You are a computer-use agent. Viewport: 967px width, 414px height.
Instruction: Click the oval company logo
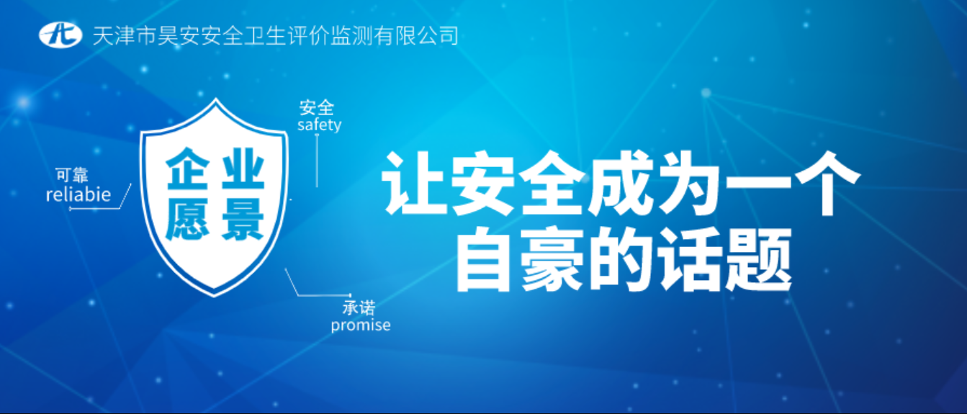[x=60, y=35]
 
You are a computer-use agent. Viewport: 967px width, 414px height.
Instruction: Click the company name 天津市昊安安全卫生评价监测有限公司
[x=276, y=35]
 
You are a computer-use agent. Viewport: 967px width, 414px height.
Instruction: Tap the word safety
[x=319, y=125]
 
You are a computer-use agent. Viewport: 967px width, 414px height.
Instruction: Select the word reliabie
[x=78, y=194]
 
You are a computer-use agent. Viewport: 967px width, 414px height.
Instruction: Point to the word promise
[x=361, y=325]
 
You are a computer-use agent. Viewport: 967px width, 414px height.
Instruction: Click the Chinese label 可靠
[x=72, y=175]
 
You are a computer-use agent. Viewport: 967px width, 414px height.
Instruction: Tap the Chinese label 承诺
[x=359, y=308]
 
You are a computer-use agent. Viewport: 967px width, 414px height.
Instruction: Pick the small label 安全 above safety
[x=316, y=107]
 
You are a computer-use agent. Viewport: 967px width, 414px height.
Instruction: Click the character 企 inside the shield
[x=188, y=168]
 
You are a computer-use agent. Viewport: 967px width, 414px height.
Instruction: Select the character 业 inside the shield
[x=243, y=168]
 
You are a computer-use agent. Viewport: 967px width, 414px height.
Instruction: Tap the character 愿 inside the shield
[x=188, y=220]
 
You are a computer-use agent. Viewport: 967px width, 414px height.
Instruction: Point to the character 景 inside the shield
[x=243, y=220]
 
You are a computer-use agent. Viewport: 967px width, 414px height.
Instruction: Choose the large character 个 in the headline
[x=826, y=183]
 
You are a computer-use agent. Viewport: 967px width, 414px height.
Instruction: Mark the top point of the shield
[x=215, y=99]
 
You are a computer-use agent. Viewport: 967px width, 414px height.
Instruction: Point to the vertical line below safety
[x=318, y=161]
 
